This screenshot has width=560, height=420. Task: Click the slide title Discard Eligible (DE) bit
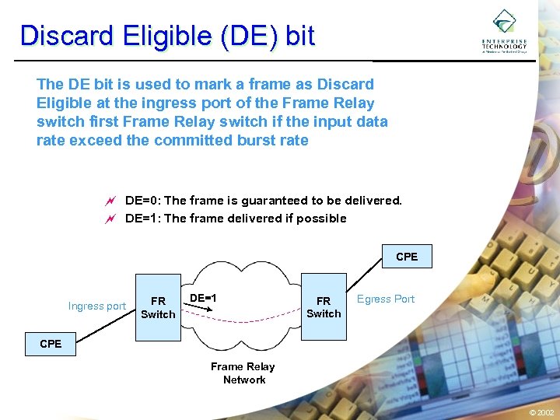pyautogui.click(x=167, y=36)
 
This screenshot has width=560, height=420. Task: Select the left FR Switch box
pyautogui.click(x=158, y=307)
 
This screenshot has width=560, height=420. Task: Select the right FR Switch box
pyautogui.click(x=324, y=306)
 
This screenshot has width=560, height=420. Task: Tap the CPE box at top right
pyautogui.click(x=407, y=257)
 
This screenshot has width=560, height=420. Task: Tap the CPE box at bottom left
pyautogui.click(x=51, y=344)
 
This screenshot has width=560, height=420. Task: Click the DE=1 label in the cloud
pyautogui.click(x=203, y=298)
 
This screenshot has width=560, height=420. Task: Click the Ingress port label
pyautogui.click(x=96, y=306)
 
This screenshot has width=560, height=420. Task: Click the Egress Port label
pyautogui.click(x=386, y=299)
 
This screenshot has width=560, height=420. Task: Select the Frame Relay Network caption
pyautogui.click(x=243, y=373)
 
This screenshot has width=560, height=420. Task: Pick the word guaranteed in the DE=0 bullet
pyautogui.click(x=268, y=201)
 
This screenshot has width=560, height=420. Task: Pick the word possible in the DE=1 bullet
pyautogui.click(x=322, y=219)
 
